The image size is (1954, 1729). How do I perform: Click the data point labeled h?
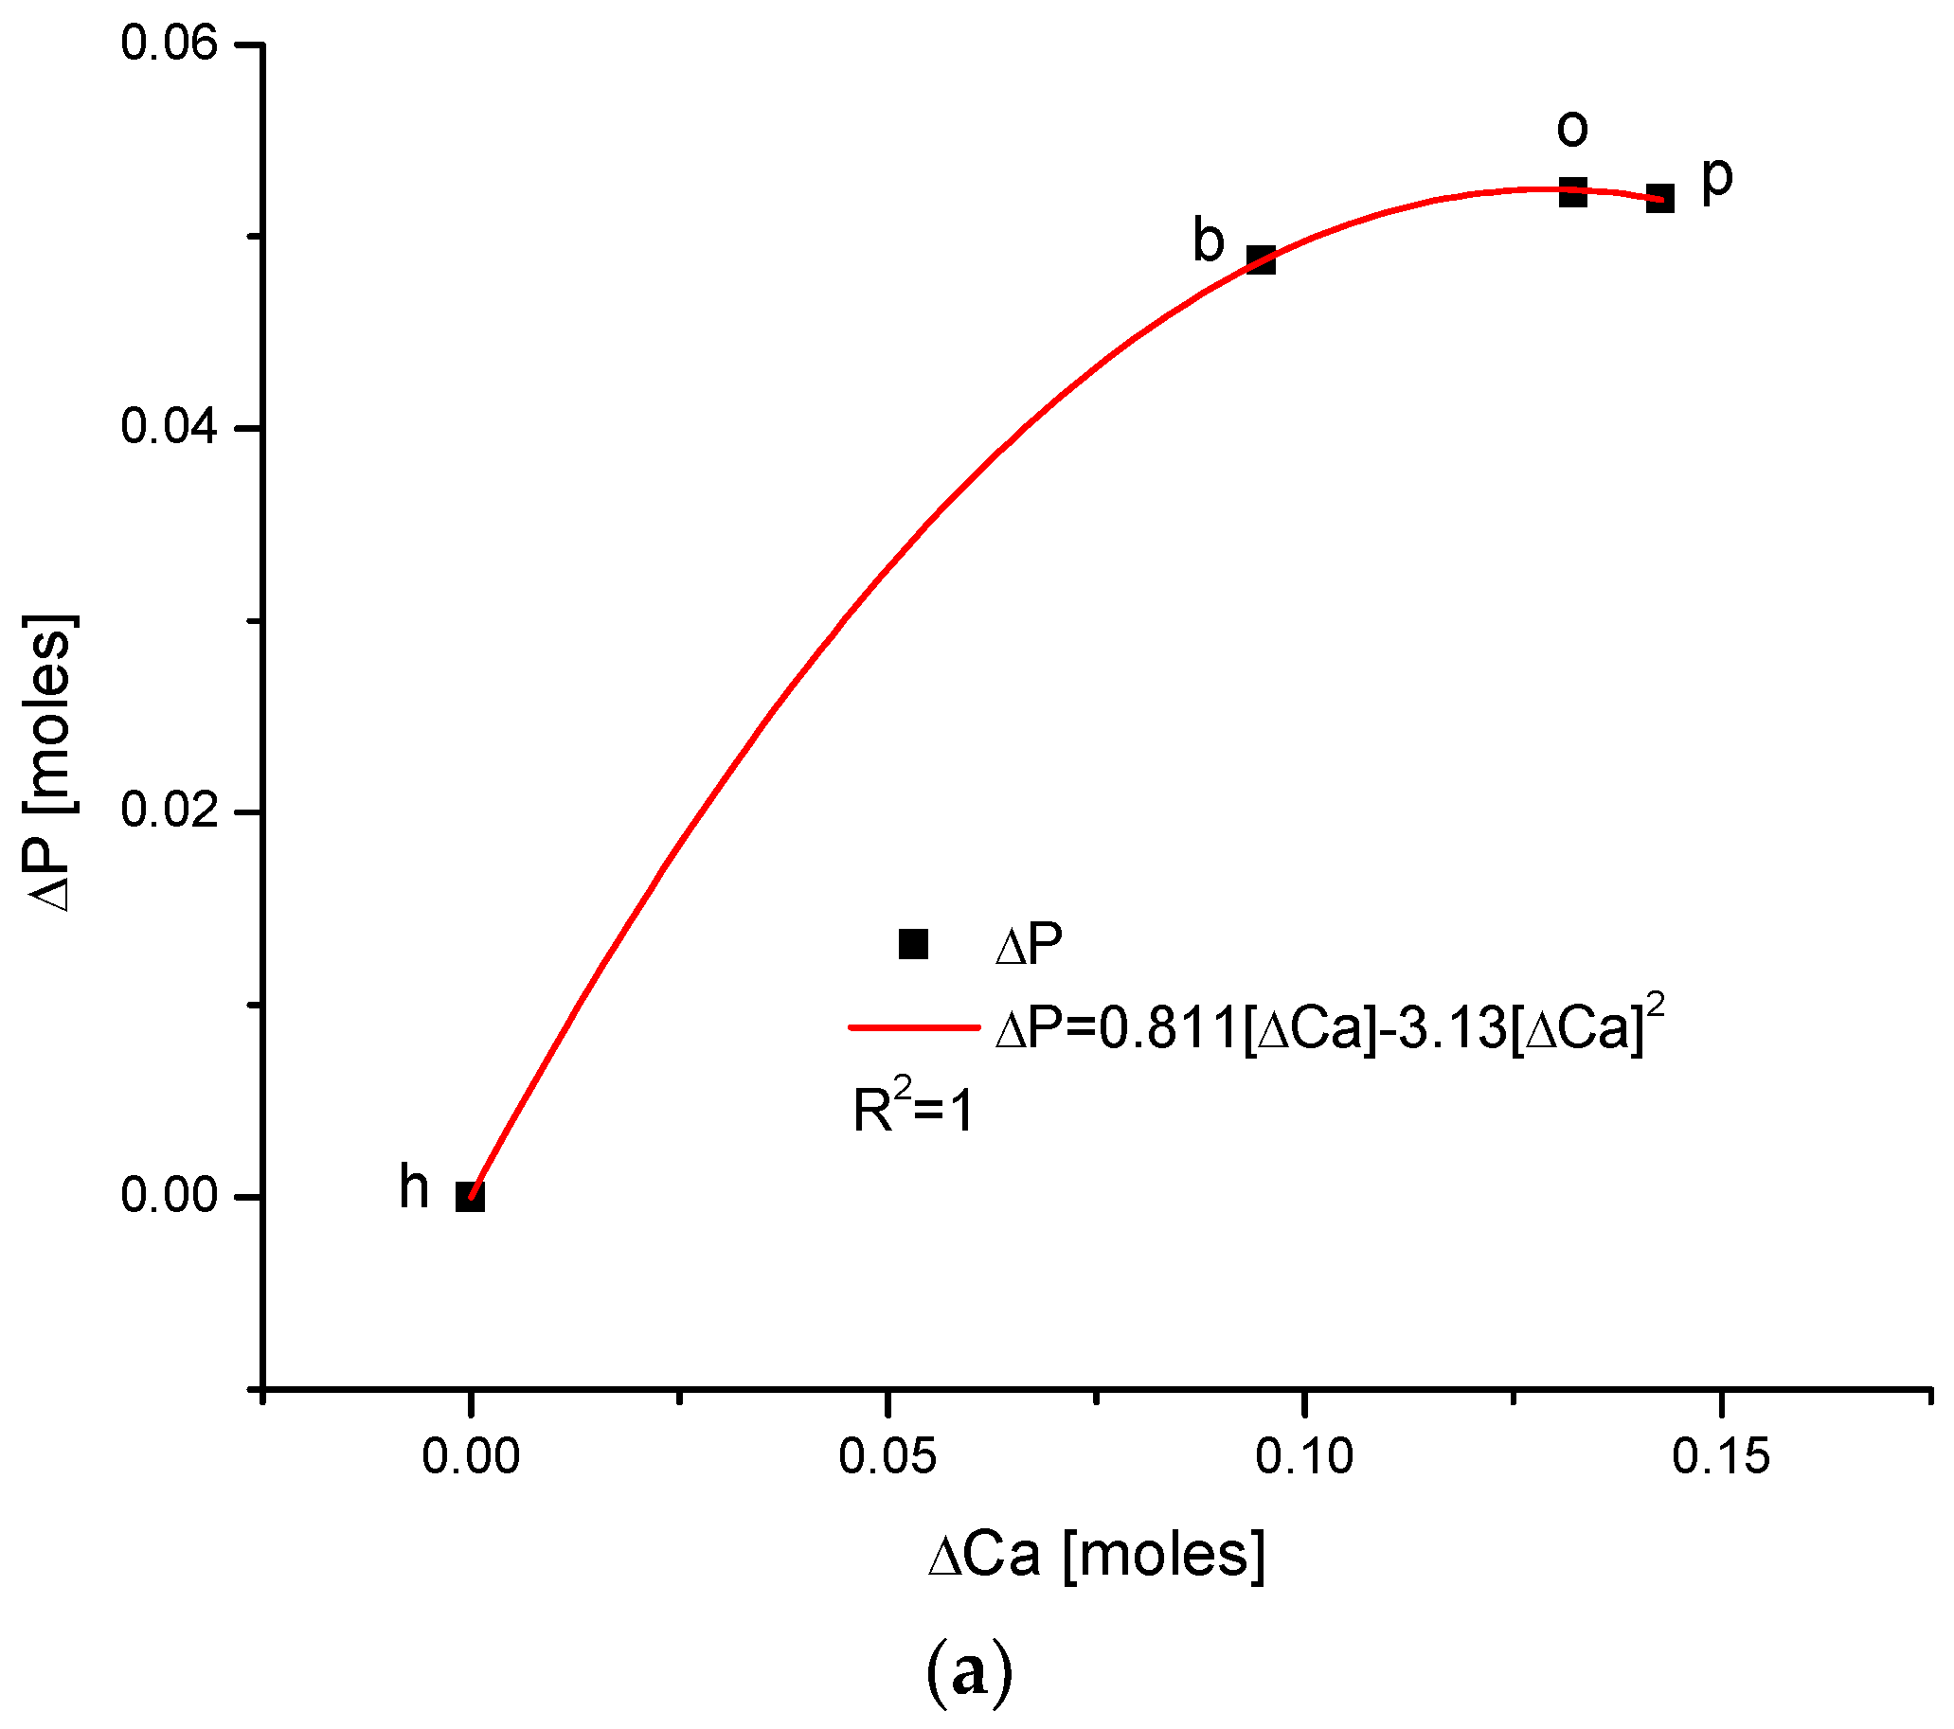(470, 1196)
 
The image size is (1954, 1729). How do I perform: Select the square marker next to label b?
(1261, 259)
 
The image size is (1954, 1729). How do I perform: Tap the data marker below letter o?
(1572, 192)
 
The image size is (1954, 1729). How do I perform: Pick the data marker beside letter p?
(1660, 199)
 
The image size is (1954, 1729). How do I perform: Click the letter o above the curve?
(1571, 128)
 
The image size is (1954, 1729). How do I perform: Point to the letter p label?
(1717, 179)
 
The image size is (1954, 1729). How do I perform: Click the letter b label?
(1209, 240)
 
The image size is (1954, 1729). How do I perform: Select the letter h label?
(414, 1187)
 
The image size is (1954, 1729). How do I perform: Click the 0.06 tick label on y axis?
(170, 45)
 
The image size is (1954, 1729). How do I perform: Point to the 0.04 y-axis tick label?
(170, 427)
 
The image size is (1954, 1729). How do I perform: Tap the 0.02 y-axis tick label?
(170, 811)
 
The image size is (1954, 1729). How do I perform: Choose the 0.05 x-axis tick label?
(887, 1456)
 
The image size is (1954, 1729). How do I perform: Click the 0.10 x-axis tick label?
(1304, 1456)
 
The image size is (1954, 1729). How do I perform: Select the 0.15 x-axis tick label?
(1721, 1456)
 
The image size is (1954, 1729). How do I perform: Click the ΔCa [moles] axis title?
(1097, 1554)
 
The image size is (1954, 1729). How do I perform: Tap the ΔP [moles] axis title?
(47, 762)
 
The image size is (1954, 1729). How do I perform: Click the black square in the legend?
(913, 944)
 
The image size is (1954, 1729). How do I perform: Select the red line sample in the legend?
(914, 1028)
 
